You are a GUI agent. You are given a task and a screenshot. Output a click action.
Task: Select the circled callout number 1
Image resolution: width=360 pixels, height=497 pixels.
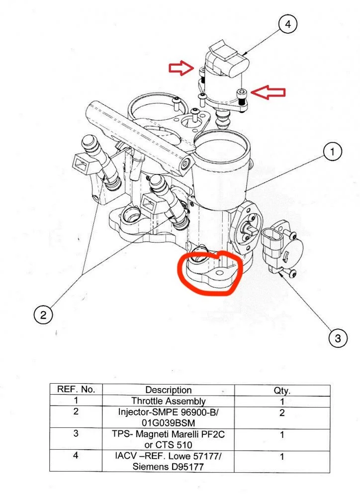tap(333, 152)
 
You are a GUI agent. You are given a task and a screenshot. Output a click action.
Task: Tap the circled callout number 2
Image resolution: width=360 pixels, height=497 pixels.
tap(43, 314)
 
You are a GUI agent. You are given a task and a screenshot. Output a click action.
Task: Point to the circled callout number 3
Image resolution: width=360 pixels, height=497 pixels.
tap(338, 338)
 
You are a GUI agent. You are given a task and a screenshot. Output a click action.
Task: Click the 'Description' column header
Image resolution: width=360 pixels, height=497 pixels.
tap(169, 390)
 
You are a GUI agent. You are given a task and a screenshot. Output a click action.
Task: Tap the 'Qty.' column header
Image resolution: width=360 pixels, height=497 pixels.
tap(281, 391)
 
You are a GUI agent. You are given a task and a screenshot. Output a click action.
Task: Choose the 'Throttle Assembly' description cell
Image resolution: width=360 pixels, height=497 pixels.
tap(169, 401)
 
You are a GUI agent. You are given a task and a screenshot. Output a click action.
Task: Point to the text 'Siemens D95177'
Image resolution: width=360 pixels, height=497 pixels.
tap(169, 466)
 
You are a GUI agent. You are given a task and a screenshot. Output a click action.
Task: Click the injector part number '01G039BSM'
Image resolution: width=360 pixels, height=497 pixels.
tap(169, 422)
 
